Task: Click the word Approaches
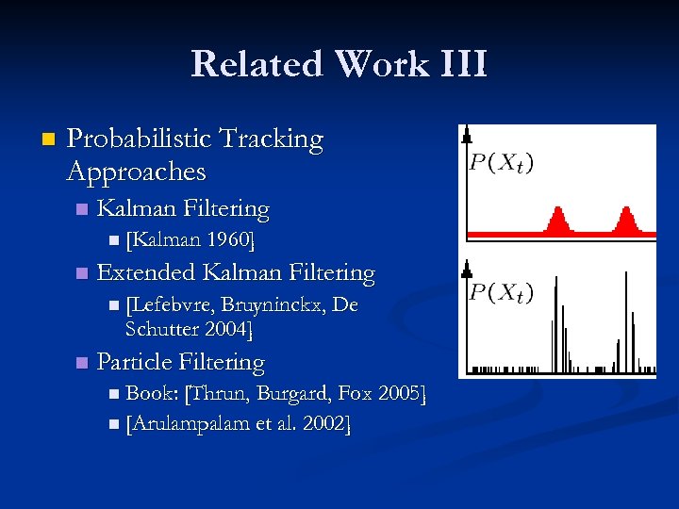(x=137, y=172)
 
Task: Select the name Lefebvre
(x=171, y=306)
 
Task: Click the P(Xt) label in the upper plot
(x=501, y=163)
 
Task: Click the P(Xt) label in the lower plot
(x=501, y=293)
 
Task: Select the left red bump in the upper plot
(x=557, y=222)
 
